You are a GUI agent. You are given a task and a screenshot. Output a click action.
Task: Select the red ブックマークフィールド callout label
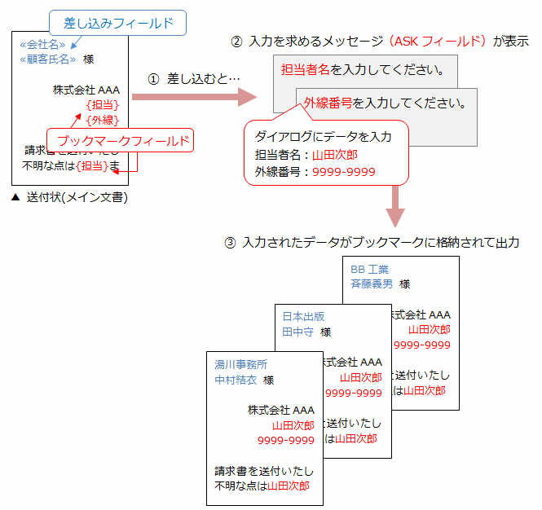[119, 141]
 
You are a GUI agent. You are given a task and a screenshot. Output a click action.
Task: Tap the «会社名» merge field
[43, 45]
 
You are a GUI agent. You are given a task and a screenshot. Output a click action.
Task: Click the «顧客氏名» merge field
[48, 59]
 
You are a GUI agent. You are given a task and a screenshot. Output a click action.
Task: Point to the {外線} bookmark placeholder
[103, 121]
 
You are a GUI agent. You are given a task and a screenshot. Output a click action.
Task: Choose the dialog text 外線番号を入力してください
[385, 103]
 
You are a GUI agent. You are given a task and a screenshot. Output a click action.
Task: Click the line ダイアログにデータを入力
[324, 136]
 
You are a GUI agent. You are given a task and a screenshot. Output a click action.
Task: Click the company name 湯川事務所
[240, 364]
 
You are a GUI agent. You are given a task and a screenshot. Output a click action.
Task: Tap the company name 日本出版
[303, 316]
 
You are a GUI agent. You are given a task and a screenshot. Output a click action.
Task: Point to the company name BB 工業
[369, 269]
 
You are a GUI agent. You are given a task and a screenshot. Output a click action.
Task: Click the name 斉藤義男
[372, 284]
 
